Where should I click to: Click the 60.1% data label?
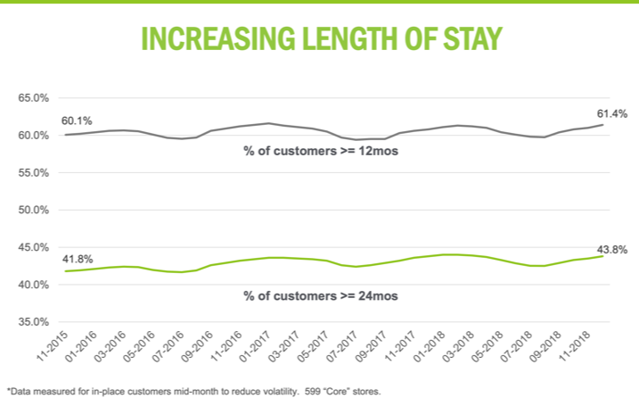(x=77, y=120)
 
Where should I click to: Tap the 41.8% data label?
(x=77, y=260)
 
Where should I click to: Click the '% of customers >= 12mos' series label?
(x=320, y=152)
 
